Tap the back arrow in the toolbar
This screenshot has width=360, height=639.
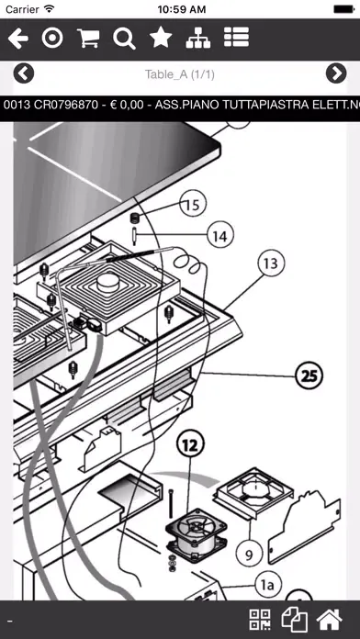pos(18,39)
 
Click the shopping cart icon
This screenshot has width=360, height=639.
pos(88,39)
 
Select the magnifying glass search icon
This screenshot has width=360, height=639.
pos(124,39)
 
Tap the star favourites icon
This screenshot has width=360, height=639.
pos(161,39)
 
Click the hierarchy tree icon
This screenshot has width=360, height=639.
pos(198,39)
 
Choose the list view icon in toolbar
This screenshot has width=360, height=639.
pos(236,38)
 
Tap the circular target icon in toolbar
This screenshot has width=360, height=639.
pos(52,39)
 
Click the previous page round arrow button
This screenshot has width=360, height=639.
pos(24,73)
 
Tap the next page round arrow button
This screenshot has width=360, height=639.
pos(336,73)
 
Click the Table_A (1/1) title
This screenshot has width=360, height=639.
pos(180,74)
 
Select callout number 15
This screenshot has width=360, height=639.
pos(193,204)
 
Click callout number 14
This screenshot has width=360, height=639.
pos(220,236)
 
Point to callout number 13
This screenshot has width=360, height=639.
pos(271,263)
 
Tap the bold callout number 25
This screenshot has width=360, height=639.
pos(309,376)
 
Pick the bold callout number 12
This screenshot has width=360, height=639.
pos(190,446)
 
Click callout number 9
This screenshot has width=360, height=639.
pos(249,555)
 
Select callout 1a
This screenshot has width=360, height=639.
pos(266,586)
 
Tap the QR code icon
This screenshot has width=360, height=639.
pos(260,620)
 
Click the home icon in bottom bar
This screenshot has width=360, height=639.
pos(330,620)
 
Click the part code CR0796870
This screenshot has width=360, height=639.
pos(66,106)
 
